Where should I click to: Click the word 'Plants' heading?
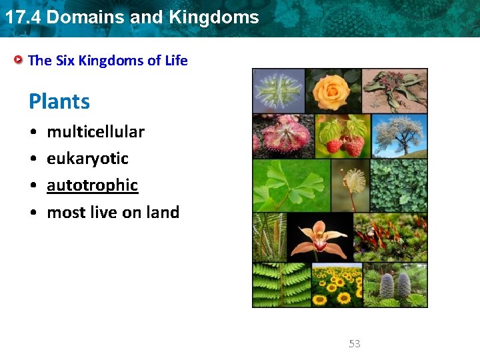pyautogui.click(x=59, y=102)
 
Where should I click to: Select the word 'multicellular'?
pyautogui.click(x=95, y=132)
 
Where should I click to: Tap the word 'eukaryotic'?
pyautogui.click(x=87, y=159)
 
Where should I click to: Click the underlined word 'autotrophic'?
pyautogui.click(x=92, y=185)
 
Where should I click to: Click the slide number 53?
pyautogui.click(x=355, y=344)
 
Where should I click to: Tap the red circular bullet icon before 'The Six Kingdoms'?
pyautogui.click(x=20, y=60)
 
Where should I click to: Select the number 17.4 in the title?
pyautogui.click(x=22, y=17)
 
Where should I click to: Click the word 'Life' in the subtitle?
pyautogui.click(x=176, y=61)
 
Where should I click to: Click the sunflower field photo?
pyautogui.click(x=337, y=285)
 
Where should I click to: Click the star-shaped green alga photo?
pyautogui.click(x=279, y=91)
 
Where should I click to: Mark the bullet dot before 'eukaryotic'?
pyautogui.click(x=33, y=159)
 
